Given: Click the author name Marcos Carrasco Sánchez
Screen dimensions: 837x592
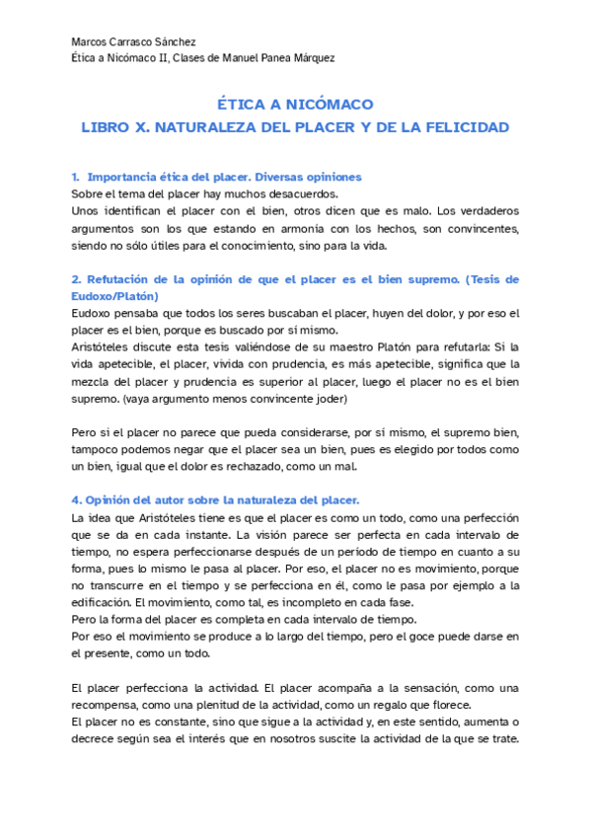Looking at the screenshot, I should coord(134,42).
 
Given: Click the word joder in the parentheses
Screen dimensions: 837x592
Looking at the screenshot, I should coord(330,399).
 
